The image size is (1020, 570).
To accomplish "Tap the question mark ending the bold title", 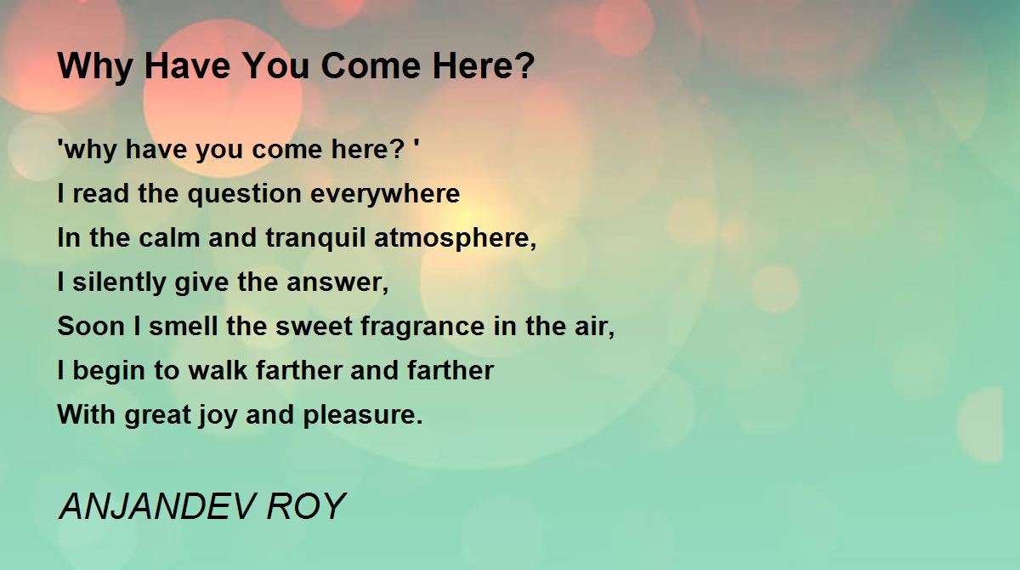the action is pos(525,66).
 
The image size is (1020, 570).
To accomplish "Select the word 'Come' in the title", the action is pos(371,66).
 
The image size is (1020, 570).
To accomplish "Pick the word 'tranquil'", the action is pos(315,239).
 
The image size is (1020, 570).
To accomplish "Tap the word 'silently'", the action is pos(119,283).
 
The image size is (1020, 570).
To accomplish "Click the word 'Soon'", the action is pos(91,327).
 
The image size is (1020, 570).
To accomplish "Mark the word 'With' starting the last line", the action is pos(86,414).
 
